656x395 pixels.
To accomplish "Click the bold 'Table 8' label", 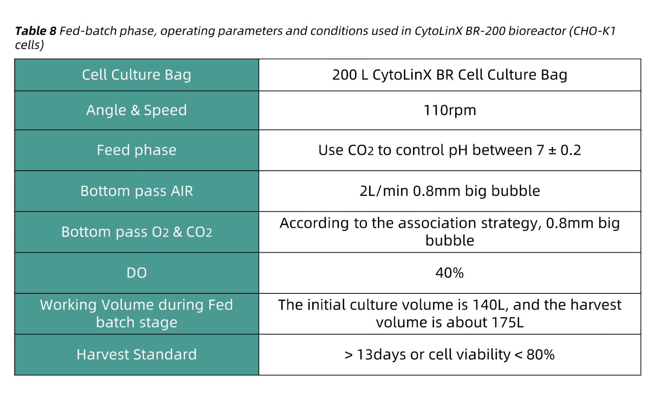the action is point(35,31).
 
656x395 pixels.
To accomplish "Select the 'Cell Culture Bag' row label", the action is point(137,75).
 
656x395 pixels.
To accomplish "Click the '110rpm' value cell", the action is point(450,110).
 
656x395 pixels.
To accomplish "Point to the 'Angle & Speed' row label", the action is point(137,110).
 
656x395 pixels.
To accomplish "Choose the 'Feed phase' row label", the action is point(137,150).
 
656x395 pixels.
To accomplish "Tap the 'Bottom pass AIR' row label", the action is point(137,191).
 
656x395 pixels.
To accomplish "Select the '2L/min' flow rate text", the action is point(384,191).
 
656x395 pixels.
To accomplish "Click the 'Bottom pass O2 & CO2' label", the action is point(137,232).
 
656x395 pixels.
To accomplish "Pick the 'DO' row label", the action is point(137,273).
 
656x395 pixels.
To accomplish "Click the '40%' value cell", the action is point(450,273).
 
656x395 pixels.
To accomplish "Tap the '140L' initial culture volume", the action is point(489,305).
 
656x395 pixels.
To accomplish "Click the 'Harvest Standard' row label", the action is point(137,354).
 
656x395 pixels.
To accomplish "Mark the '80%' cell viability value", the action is point(540,355).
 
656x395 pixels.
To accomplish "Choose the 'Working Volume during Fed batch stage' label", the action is point(137,314).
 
